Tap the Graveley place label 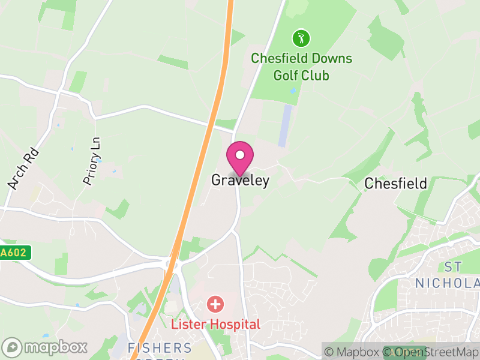(x=240, y=180)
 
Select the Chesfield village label (x=395, y=183)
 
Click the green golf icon (x=301, y=40)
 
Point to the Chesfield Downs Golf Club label (x=301, y=67)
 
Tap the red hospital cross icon (x=215, y=304)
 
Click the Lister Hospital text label (x=216, y=325)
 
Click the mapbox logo (x=46, y=347)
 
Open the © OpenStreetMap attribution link (x=430, y=352)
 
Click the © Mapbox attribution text (x=355, y=352)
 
